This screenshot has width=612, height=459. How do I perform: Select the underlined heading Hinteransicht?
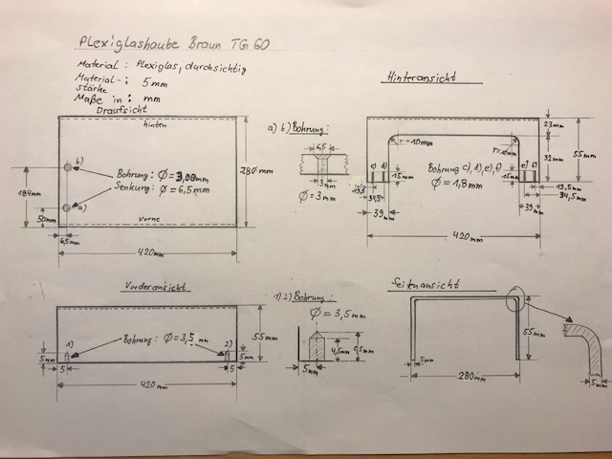point(422,77)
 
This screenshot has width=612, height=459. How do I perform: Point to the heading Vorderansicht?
point(157,286)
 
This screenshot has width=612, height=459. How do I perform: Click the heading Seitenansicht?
point(428,283)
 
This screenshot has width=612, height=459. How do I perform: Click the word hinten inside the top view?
point(156,124)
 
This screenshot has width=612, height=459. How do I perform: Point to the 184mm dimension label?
point(28,194)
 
